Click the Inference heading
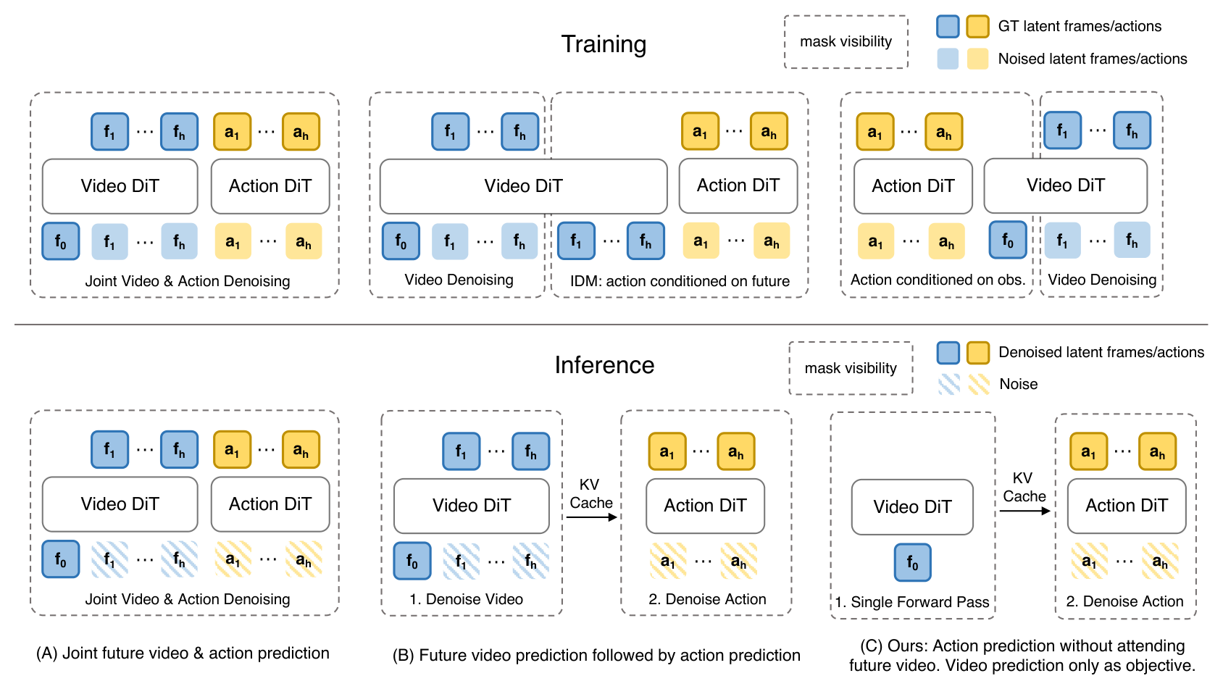604,365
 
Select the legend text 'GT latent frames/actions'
1080,26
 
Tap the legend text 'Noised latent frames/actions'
1093,59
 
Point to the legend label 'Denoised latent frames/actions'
1101,352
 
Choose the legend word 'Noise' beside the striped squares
1018,384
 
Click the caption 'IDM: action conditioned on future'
680,281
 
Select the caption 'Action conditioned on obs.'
938,280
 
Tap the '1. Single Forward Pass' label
911,601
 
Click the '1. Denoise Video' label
467,599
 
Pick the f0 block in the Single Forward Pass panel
912,562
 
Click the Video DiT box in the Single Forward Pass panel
912,506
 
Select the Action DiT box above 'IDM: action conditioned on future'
738,185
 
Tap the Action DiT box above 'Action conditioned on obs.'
913,186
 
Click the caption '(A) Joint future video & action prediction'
183,653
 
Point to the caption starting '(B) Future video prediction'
596,655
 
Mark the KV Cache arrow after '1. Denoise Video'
591,517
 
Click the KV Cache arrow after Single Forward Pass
1024,511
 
